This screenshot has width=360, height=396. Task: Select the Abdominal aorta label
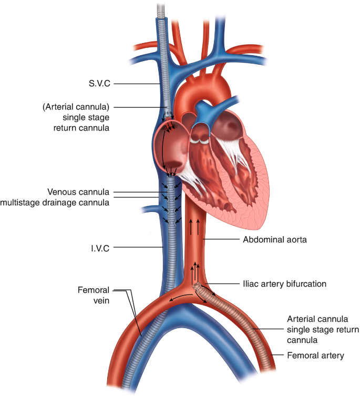point(275,239)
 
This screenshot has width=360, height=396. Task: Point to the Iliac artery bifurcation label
point(285,283)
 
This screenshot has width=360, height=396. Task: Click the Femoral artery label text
point(315,356)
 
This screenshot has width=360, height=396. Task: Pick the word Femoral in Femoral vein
point(93,290)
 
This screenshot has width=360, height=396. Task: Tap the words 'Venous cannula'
point(78,192)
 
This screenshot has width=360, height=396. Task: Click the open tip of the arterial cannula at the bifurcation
point(197,287)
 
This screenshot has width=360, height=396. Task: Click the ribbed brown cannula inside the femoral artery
point(247,323)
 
